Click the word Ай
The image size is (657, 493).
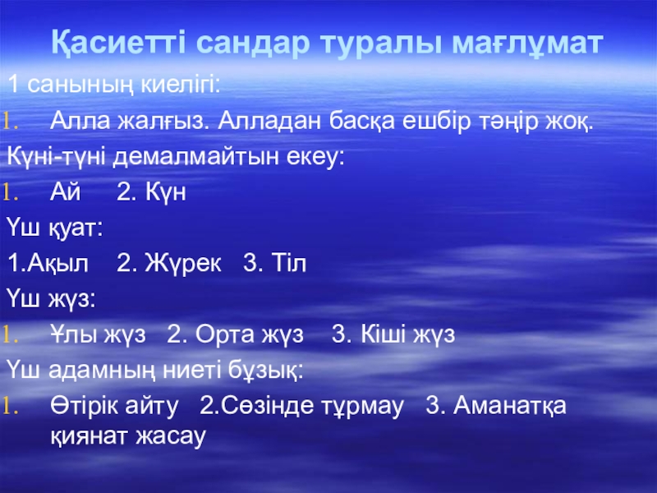[x=63, y=192]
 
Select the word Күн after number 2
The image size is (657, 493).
[x=168, y=192]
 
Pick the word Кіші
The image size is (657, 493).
[x=387, y=335]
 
